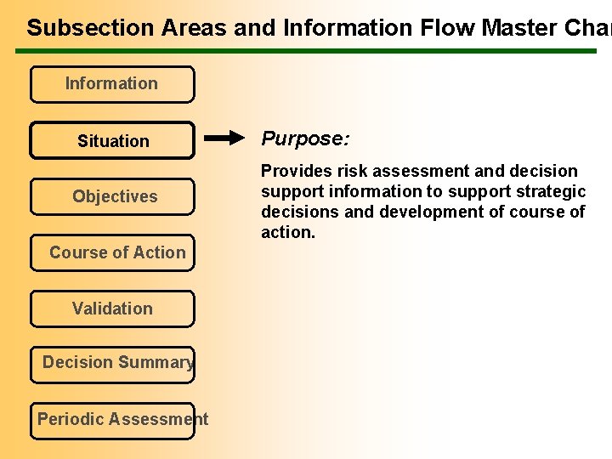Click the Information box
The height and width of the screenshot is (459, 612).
tap(112, 84)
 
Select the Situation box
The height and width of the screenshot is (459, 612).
tap(112, 141)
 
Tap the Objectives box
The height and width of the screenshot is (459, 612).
tap(112, 196)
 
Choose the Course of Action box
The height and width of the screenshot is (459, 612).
tap(112, 252)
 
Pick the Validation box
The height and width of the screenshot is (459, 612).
tap(112, 309)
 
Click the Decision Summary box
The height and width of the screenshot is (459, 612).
tap(112, 363)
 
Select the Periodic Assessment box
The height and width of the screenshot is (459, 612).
tap(112, 419)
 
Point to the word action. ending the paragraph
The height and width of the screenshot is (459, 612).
tap(288, 232)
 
